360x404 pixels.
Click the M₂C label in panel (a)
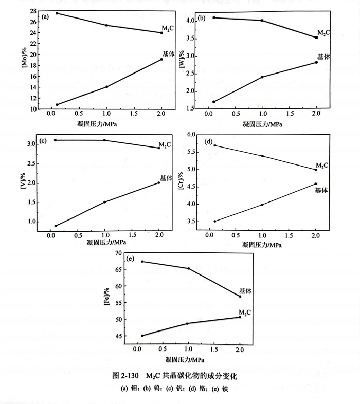coord(168,28)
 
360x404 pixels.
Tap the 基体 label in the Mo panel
coord(168,53)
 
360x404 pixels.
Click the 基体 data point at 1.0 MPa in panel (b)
coord(262,77)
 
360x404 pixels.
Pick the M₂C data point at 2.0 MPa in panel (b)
coord(316,38)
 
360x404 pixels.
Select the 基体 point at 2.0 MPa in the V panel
coord(158,182)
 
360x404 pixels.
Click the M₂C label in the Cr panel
coord(322,165)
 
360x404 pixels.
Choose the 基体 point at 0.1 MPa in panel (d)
coord(214,221)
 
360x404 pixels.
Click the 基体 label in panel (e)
coord(245,291)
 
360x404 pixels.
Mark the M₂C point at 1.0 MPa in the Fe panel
coord(188,323)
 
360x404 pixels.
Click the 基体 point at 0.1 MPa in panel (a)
coord(57,104)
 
